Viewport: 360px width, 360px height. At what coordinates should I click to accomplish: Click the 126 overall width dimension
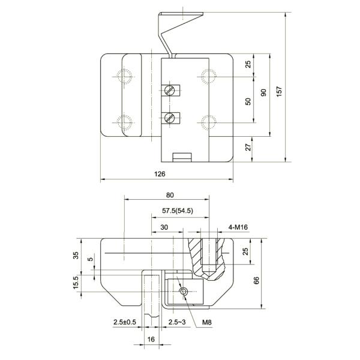[160, 173]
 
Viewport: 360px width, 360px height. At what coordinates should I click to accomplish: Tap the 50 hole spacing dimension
[248, 101]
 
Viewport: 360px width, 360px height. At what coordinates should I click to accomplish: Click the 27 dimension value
[248, 147]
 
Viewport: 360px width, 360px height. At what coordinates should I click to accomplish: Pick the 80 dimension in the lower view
[170, 195]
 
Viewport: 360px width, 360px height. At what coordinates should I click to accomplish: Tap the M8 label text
[207, 323]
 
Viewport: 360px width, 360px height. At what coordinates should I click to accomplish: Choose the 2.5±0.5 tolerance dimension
[125, 323]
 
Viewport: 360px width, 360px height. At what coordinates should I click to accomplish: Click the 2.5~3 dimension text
[177, 323]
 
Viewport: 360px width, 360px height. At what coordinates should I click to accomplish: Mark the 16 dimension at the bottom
[151, 340]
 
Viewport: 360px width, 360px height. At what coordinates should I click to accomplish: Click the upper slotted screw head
[170, 91]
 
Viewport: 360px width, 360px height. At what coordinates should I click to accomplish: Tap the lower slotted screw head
[170, 117]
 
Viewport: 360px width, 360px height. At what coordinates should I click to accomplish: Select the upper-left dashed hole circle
[126, 77]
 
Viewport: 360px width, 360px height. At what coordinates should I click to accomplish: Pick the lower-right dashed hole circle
[208, 122]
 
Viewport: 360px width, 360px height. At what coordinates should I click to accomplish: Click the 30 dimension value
[163, 227]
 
